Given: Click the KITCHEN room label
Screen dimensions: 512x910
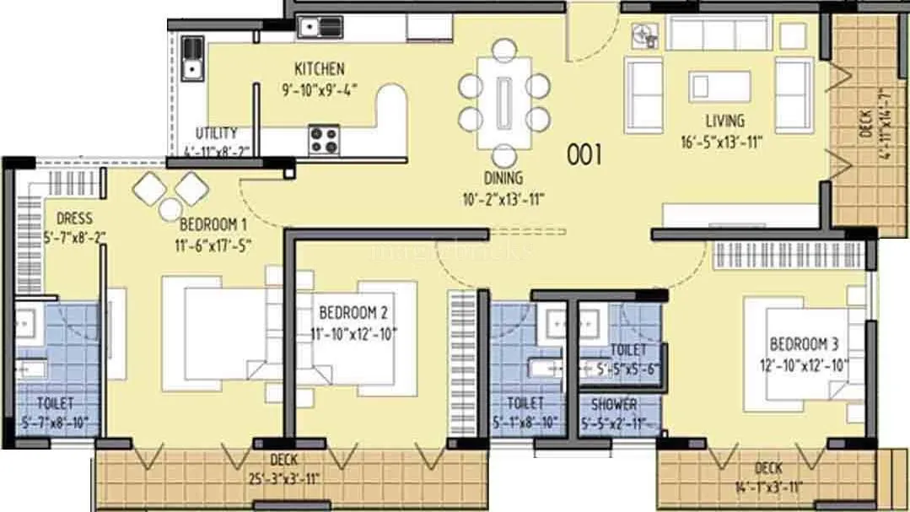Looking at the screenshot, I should coord(319,68).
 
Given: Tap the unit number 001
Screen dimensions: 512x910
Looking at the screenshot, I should coord(584,154).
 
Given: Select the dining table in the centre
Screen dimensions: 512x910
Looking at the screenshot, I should coord(505,101).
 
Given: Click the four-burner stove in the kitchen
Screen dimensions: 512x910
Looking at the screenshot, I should coord(324,139).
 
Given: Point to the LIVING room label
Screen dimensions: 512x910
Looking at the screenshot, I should coord(725,121).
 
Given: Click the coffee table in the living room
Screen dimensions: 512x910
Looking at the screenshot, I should coord(719,86).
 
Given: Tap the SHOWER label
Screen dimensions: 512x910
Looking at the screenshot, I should coord(613,405).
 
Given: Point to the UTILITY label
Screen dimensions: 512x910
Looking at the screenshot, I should coord(216,133).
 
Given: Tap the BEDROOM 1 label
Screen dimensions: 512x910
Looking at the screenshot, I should coord(213,225).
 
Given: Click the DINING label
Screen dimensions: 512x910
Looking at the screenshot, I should coord(503,178).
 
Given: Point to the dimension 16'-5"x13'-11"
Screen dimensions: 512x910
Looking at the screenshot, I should coord(725,143).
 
